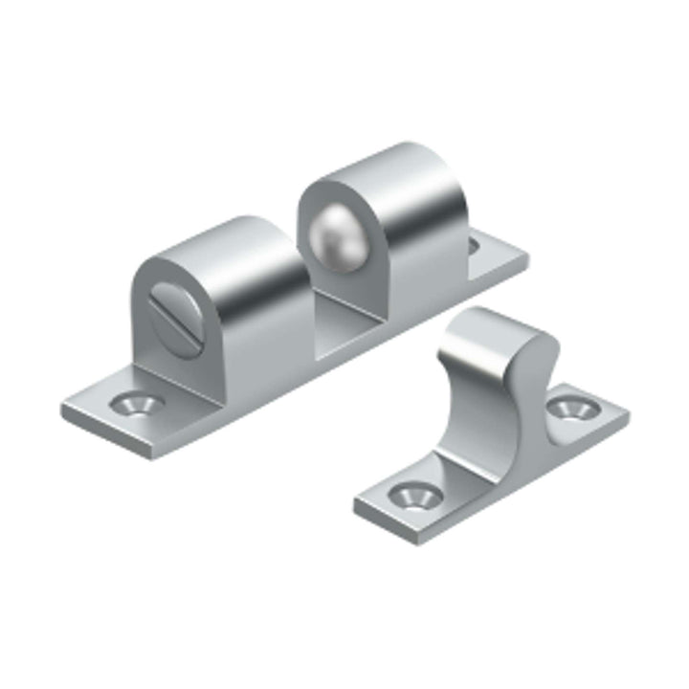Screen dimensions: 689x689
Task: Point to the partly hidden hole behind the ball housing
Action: (472, 247)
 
